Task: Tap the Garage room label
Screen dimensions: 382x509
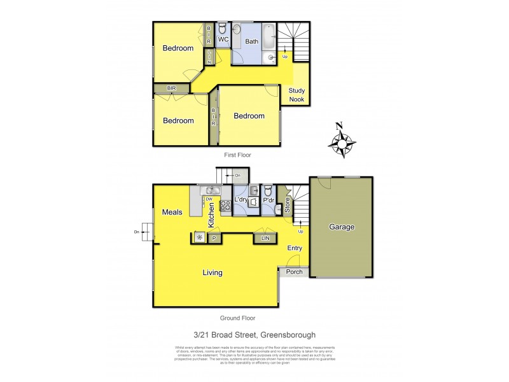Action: (342, 227)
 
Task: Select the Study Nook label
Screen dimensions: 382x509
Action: (296, 95)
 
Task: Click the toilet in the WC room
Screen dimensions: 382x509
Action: (223, 29)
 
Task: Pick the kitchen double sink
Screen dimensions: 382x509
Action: (211, 190)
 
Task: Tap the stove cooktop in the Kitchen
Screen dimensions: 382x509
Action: (225, 205)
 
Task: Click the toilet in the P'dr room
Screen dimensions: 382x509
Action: (268, 191)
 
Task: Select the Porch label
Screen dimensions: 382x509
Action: (294, 272)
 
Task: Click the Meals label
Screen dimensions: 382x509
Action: (172, 212)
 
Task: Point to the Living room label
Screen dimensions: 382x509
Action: (213, 273)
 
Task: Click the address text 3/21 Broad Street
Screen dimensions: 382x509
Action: (254, 335)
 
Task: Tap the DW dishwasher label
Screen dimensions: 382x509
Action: (209, 199)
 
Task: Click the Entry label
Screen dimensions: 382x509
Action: (295, 248)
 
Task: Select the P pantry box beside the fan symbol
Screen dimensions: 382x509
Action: (214, 238)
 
